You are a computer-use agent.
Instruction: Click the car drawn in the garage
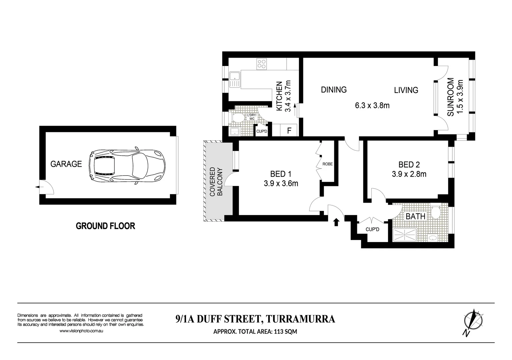click(127, 166)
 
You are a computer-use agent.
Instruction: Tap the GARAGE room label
click(66, 164)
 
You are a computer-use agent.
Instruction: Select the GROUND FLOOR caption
click(105, 226)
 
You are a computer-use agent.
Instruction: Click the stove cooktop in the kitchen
click(261, 64)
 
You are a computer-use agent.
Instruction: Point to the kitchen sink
click(235, 80)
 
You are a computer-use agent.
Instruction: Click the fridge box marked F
click(289, 131)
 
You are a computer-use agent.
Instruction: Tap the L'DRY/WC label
click(251, 117)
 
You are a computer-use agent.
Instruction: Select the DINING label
click(334, 90)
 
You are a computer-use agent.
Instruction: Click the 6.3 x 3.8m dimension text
click(372, 106)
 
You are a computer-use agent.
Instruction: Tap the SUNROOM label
click(451, 97)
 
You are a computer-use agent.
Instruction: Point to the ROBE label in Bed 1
click(327, 164)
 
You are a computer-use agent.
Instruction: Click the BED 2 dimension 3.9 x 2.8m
click(409, 174)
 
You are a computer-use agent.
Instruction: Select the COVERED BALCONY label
click(216, 181)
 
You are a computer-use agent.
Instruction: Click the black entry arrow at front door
click(336, 222)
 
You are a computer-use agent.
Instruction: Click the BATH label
click(415, 216)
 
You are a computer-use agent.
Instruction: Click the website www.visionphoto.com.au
click(81, 331)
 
